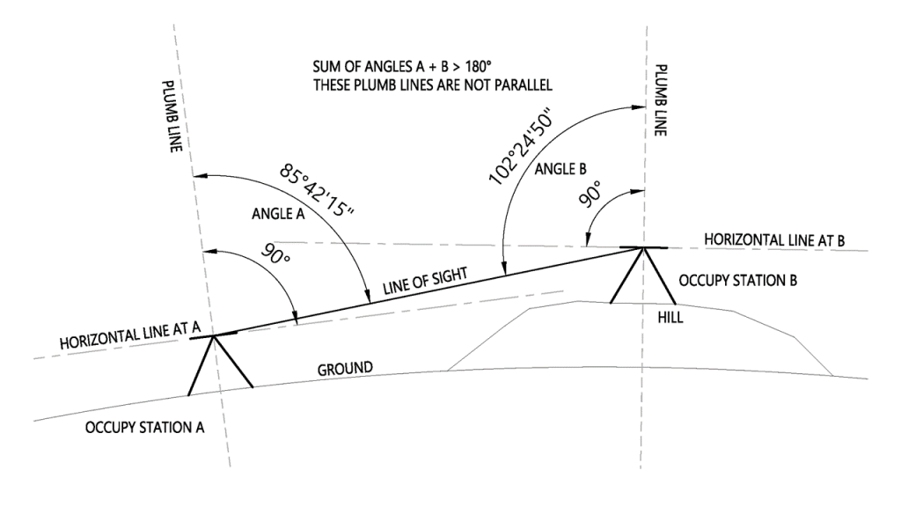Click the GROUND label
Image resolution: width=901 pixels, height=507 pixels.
tap(346, 365)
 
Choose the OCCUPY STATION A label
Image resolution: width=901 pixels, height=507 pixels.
tap(145, 428)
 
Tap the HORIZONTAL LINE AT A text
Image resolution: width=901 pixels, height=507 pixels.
tap(132, 334)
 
